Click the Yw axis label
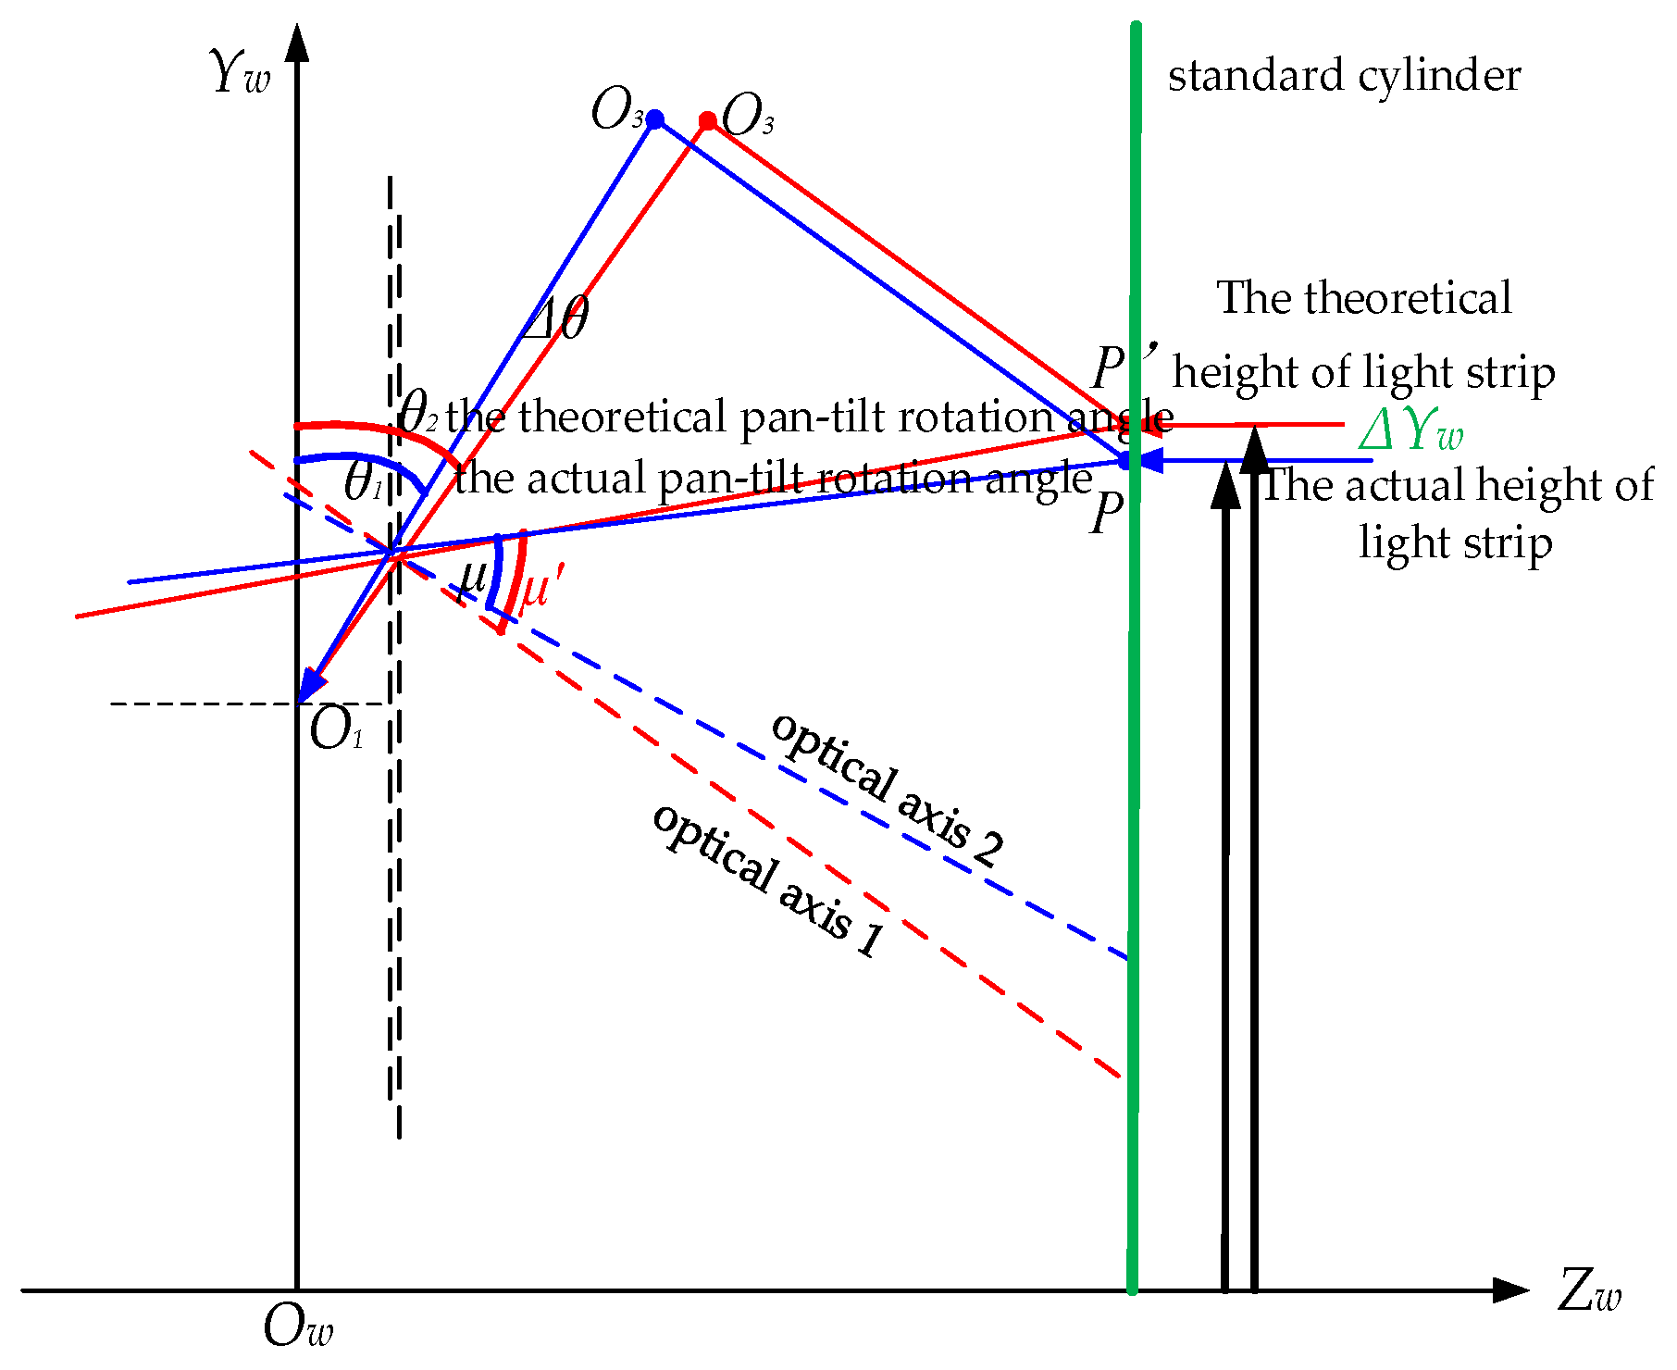240,72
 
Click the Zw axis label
1589,1290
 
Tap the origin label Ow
297,1327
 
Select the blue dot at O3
654,118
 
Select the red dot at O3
708,120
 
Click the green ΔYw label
1410,430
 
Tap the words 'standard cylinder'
1344,76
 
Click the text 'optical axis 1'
769,880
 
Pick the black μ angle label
473,578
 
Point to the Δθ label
555,319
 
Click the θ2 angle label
417,413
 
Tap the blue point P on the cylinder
1126,460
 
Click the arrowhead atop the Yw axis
297,44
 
